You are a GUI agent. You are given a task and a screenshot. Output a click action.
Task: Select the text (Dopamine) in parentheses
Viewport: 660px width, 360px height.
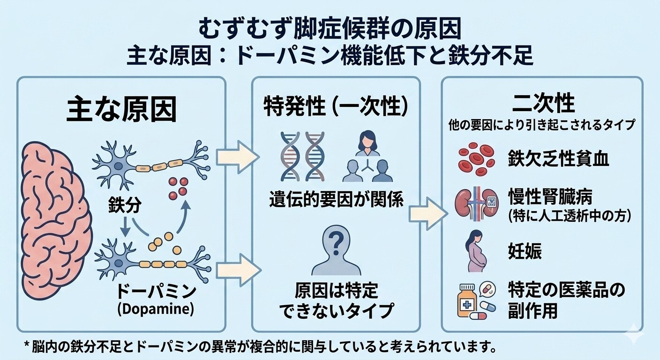156,309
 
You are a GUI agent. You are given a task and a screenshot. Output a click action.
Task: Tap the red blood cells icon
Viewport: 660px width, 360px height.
476,159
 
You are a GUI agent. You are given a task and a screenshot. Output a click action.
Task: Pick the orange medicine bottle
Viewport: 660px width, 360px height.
467,300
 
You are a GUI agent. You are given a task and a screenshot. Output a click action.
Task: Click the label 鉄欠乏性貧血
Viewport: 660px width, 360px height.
558,158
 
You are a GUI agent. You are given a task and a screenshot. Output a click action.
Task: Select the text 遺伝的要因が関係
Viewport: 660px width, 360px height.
336,199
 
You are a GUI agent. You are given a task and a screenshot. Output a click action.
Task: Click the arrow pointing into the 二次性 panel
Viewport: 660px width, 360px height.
428,214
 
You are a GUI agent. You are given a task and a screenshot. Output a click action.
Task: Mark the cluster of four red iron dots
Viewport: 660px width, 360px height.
178,188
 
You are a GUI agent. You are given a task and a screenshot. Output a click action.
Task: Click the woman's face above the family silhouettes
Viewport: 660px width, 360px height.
367,143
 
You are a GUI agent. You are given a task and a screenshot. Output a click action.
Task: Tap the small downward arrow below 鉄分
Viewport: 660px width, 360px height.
126,226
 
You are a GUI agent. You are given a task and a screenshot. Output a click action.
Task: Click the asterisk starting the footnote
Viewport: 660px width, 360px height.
28,345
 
